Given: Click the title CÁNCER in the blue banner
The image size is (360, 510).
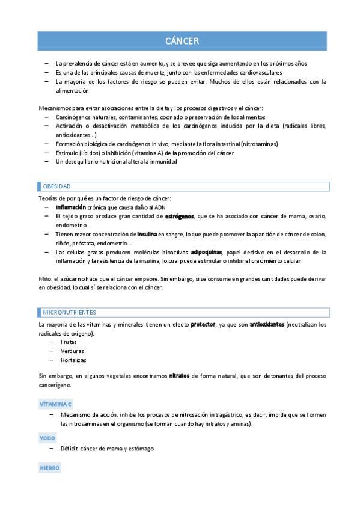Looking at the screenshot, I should [182, 41].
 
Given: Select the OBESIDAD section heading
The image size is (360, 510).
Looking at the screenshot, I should [57, 186].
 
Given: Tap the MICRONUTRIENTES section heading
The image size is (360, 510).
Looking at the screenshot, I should [69, 312].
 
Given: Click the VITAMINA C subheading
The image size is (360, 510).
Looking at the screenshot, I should [55, 404].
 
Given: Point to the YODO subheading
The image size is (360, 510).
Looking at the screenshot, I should [47, 438].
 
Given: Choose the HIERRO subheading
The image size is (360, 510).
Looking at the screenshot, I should [50, 467].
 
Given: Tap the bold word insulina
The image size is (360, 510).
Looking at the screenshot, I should [147, 233].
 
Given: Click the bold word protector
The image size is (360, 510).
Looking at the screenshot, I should [203, 324].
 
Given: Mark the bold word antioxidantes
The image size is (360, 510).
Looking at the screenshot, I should [267, 324].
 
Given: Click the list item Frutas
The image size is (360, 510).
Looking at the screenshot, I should [69, 342].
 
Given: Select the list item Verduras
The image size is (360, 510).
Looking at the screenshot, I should [72, 351].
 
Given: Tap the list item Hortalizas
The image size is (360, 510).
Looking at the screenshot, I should [74, 360].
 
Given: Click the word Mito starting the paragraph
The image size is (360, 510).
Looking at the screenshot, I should [45, 278].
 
